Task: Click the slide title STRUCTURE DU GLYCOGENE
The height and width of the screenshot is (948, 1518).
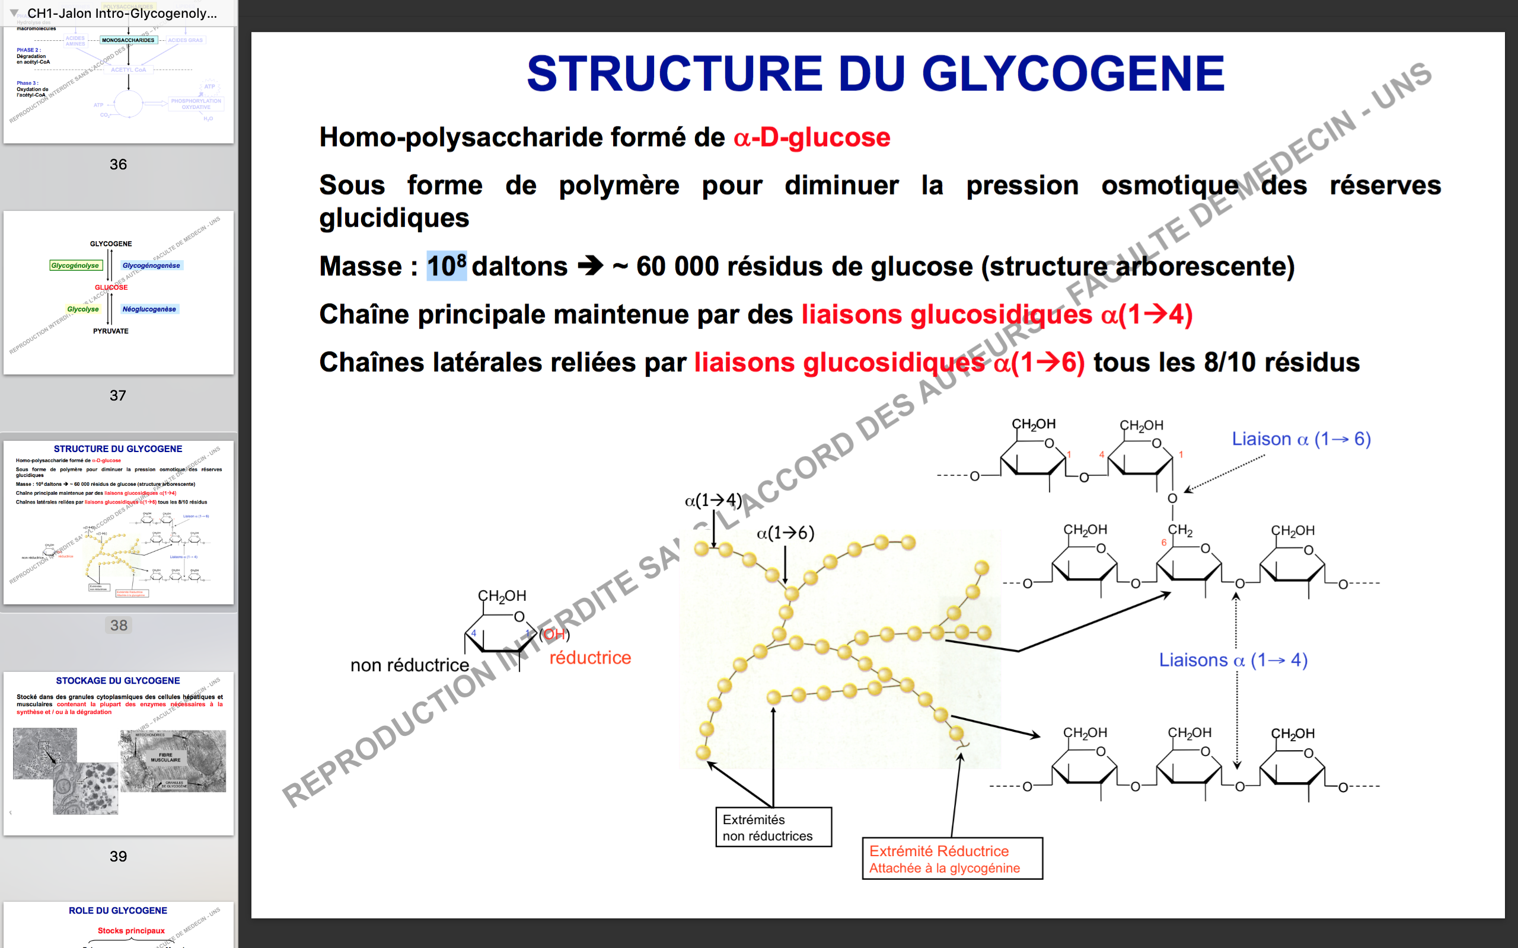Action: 875,74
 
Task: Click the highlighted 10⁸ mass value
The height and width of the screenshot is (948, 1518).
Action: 447,266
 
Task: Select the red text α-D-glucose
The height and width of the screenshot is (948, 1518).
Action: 812,137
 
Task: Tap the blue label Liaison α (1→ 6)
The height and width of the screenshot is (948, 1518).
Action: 1301,439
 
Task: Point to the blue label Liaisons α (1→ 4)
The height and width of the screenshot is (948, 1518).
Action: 1233,660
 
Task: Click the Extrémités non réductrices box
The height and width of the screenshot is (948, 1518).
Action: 773,828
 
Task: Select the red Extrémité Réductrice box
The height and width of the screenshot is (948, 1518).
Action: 952,859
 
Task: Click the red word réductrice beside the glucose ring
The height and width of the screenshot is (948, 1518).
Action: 589,658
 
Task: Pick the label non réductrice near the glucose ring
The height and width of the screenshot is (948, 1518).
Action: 410,665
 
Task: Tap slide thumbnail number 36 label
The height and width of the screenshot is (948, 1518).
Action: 118,164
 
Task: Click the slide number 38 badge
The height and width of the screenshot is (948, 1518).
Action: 119,625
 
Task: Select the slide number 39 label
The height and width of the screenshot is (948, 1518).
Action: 118,857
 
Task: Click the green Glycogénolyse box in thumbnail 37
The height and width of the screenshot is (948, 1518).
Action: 75,266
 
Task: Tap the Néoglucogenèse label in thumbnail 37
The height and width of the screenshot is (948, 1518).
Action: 149,309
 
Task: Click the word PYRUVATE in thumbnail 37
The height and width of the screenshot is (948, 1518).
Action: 111,331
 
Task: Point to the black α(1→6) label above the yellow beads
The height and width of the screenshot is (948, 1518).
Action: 784,533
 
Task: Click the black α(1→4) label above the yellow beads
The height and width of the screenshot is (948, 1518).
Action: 713,500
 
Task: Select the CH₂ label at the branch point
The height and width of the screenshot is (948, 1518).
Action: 1180,530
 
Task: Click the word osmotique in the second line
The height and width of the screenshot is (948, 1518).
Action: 1169,185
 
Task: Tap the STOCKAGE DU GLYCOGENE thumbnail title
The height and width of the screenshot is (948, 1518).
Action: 118,680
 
